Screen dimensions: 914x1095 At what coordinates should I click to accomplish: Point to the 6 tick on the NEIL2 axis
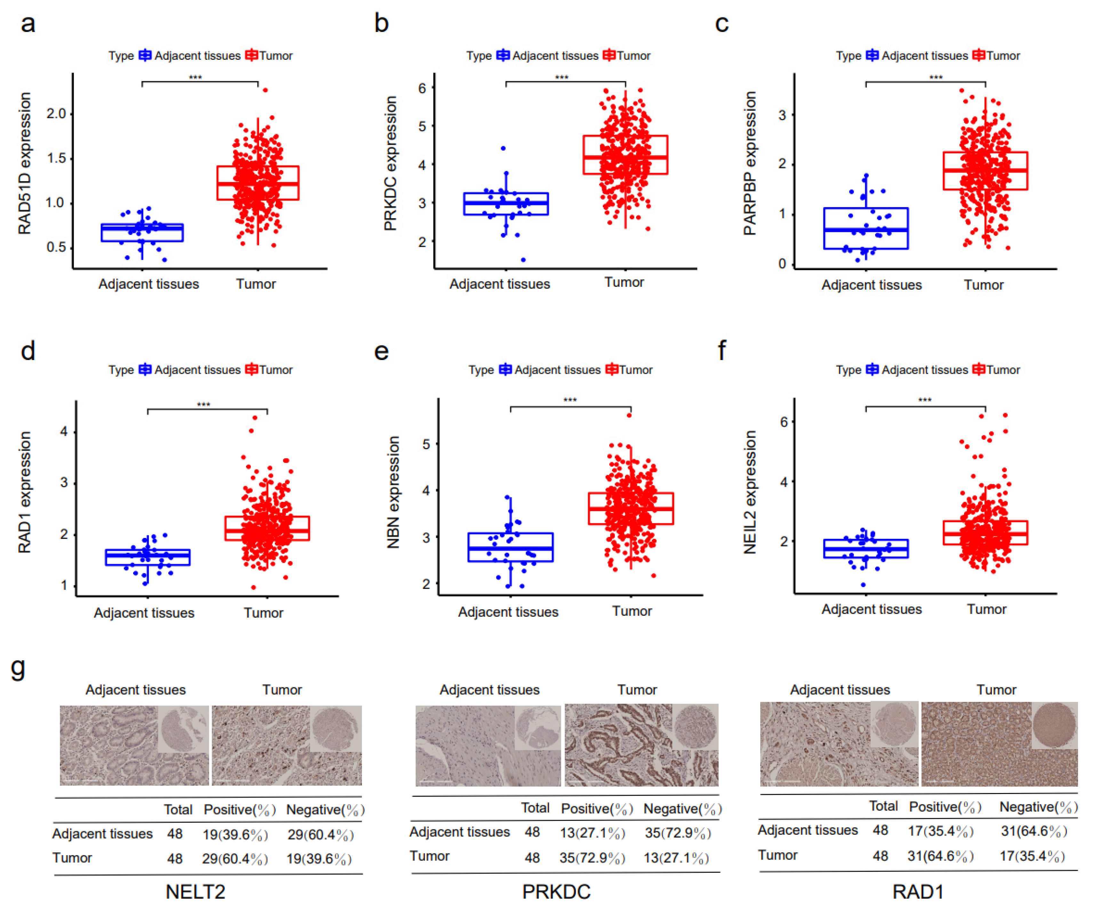pyautogui.click(x=783, y=422)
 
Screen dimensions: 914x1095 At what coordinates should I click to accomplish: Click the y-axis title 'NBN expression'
pyautogui.click(x=393, y=492)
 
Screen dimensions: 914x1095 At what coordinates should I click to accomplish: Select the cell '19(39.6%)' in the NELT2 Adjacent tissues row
pyautogui.click(x=235, y=835)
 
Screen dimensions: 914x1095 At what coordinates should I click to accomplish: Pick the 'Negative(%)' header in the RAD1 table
pyautogui.click(x=1038, y=807)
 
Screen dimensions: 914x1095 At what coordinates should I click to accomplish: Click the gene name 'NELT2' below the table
pyautogui.click(x=196, y=892)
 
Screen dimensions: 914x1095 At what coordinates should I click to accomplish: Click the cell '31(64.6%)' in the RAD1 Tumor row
pyautogui.click(x=940, y=856)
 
